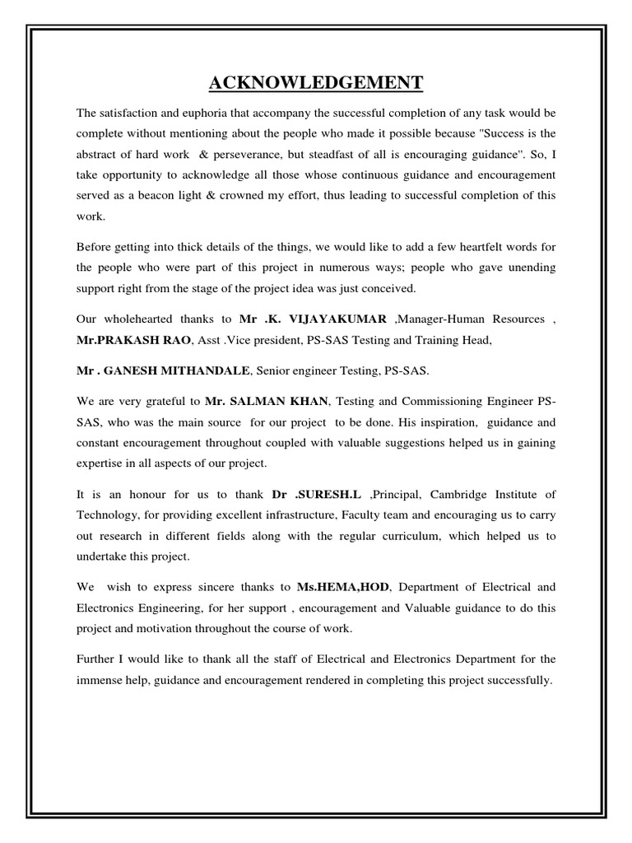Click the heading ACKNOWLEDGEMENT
coord(316,82)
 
